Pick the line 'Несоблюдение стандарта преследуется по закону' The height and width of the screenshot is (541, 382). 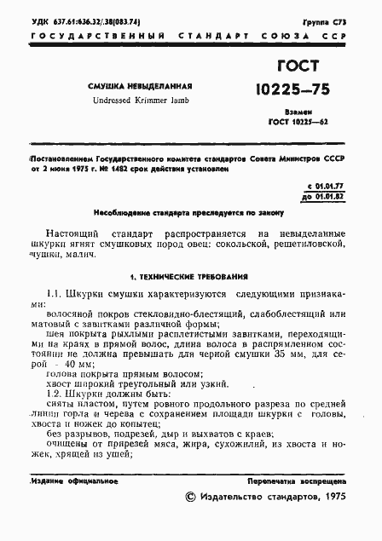pyautogui.click(x=185, y=211)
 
